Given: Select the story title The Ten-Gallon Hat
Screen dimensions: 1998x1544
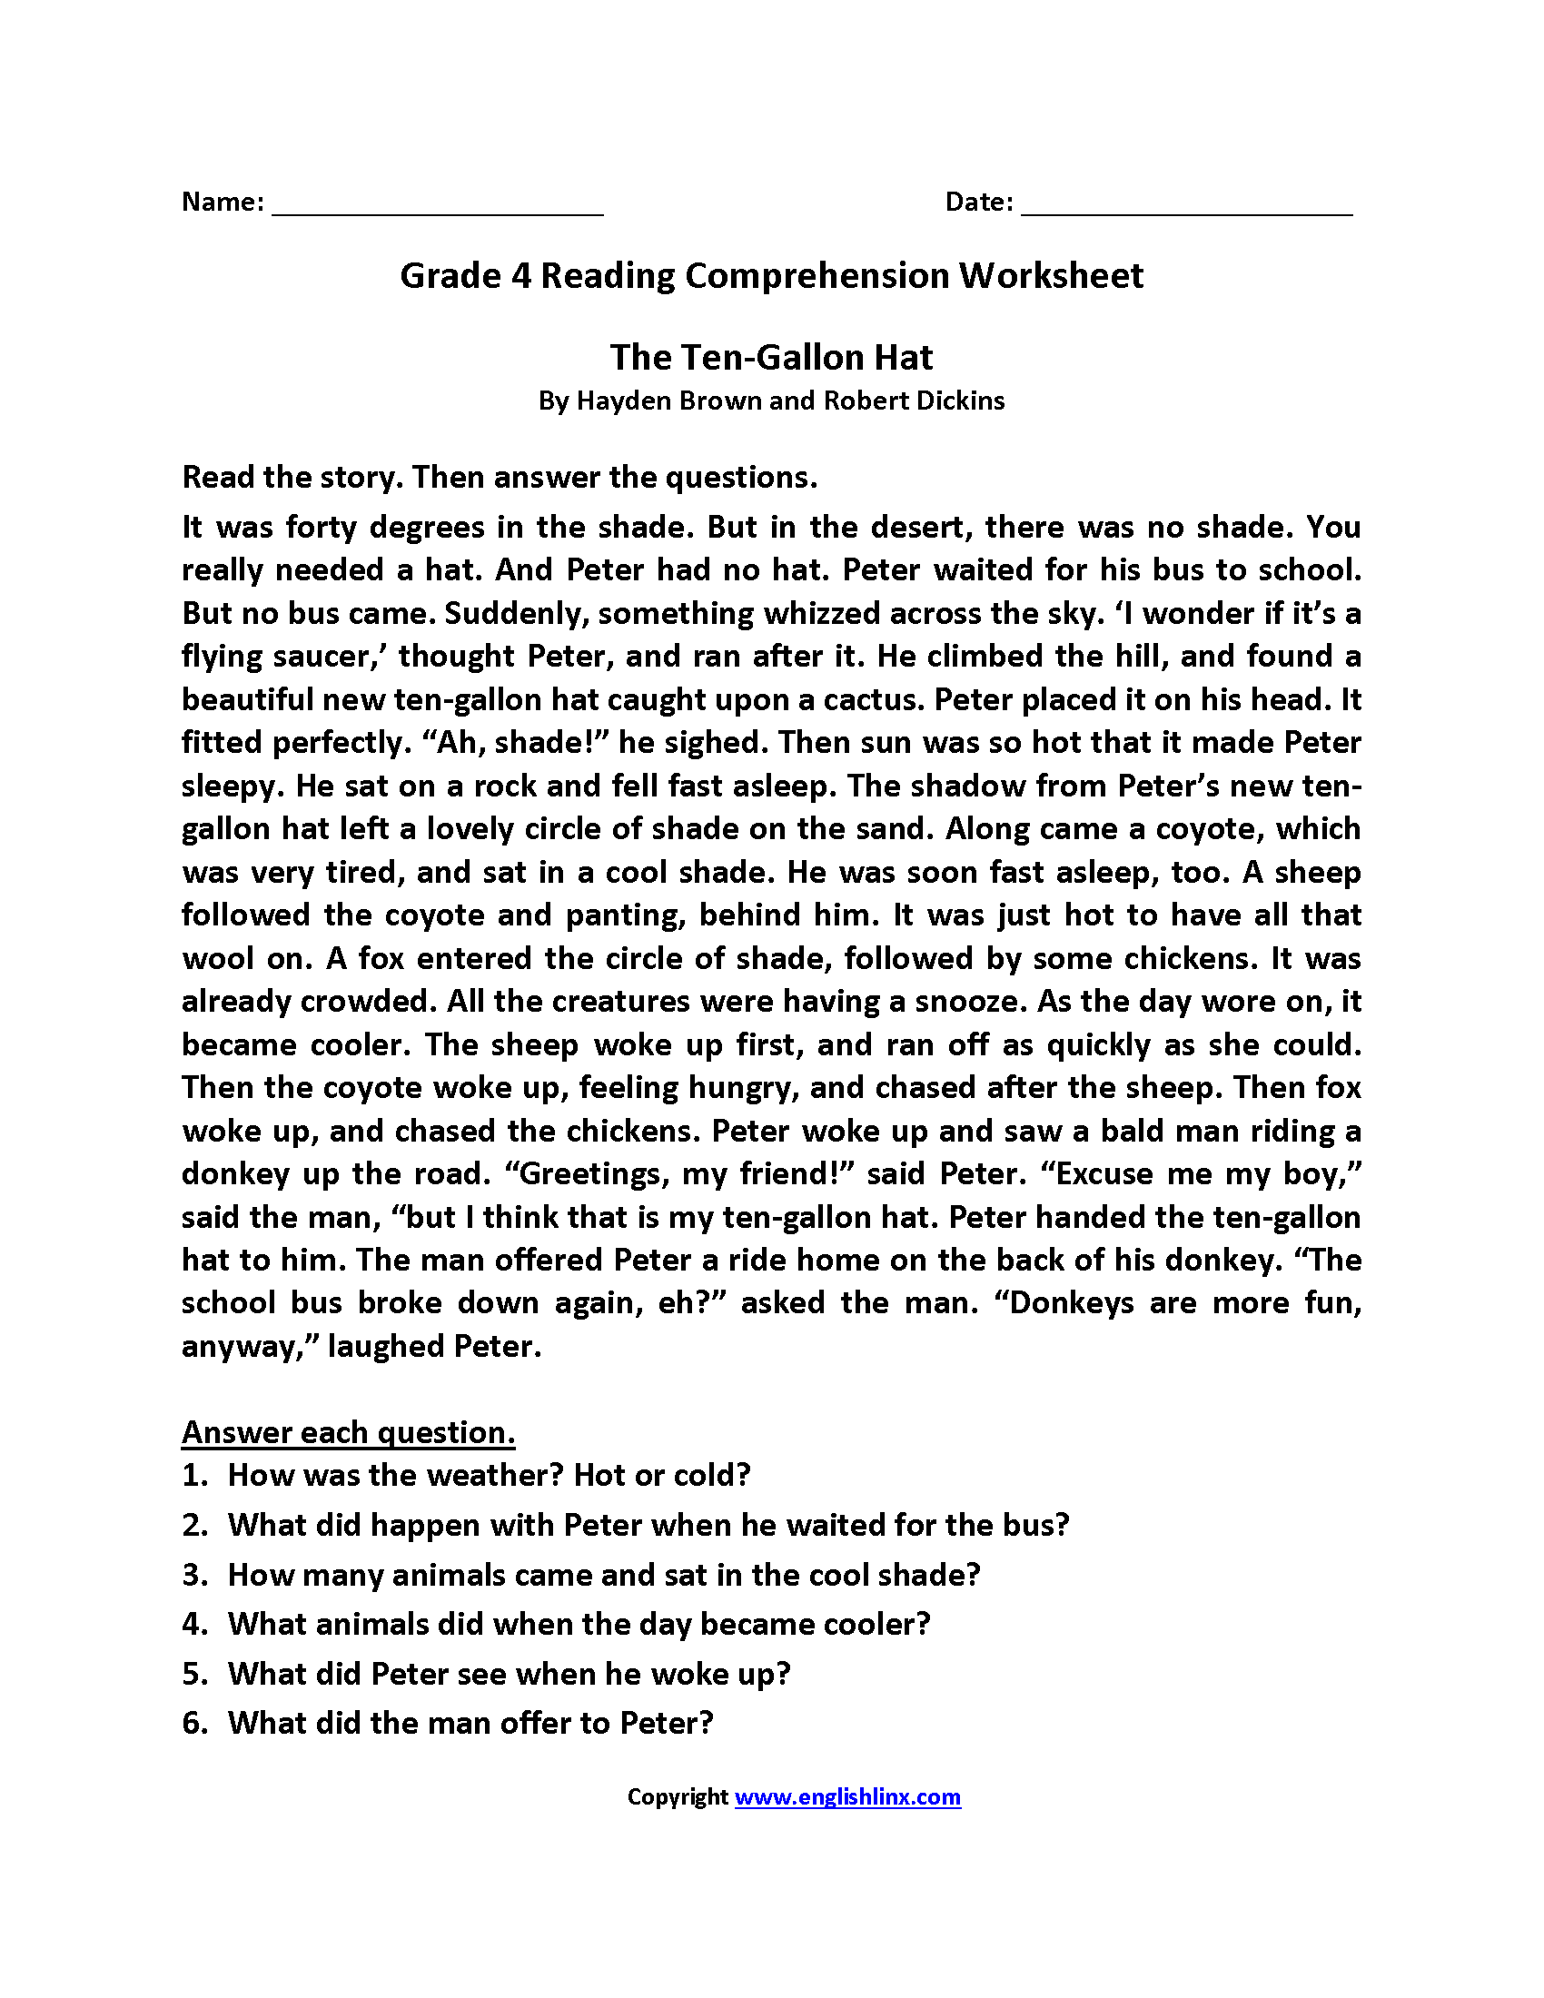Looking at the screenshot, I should point(771,358).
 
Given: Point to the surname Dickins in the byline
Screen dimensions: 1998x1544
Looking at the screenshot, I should point(959,401).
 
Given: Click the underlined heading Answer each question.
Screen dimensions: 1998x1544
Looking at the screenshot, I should point(348,1432).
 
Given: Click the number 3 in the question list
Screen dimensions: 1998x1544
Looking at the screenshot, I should point(192,1576).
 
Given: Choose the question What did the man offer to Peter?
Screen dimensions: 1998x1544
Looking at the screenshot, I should point(470,1724).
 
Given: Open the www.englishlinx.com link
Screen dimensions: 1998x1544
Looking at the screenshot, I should point(847,1797).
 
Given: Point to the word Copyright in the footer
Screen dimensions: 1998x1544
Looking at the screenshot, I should point(677,1797).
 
